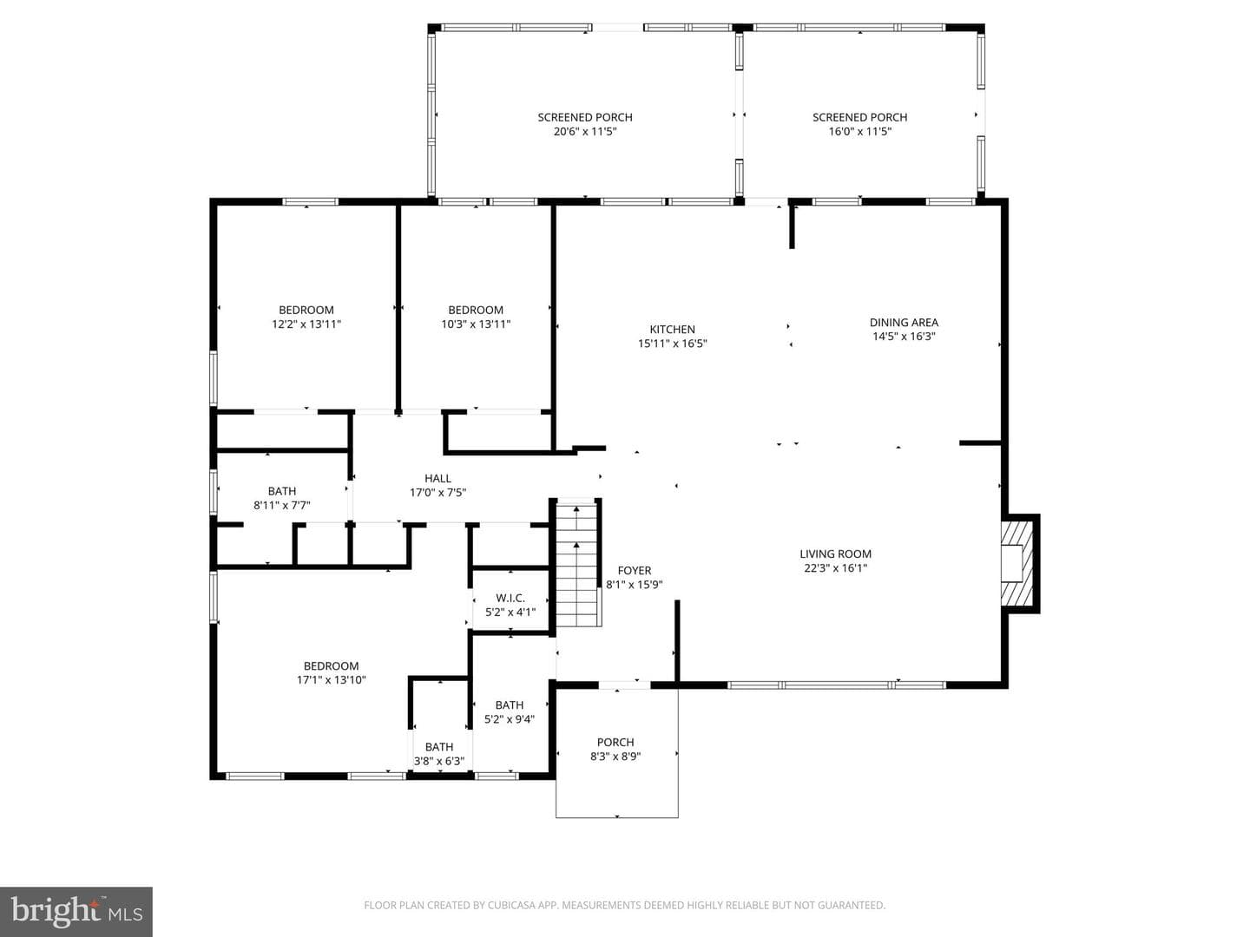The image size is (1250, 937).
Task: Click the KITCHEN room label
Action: [x=672, y=330]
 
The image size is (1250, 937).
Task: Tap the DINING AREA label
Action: [x=904, y=323]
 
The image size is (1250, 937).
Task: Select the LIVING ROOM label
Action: [x=835, y=554]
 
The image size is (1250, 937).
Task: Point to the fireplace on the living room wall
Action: [x=1018, y=563]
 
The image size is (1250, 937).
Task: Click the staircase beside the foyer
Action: [x=576, y=563]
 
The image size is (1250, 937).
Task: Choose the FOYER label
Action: [x=635, y=571]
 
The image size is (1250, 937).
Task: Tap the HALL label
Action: [x=437, y=478]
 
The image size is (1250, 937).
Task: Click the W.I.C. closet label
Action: [x=510, y=598]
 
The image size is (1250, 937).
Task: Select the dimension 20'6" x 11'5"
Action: [x=585, y=131]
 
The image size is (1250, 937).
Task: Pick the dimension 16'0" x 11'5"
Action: [x=860, y=131]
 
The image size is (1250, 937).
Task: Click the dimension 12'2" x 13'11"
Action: [x=306, y=324]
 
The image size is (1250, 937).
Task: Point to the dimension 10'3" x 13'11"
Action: [x=476, y=324]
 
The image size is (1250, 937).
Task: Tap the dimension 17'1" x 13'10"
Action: [x=331, y=680]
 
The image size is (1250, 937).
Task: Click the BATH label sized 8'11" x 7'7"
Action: [x=282, y=491]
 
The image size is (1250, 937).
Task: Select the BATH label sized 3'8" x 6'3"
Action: [x=439, y=747]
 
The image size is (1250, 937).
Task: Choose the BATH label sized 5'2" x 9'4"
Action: [x=509, y=704]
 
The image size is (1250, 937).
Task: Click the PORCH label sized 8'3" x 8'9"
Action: [x=615, y=743]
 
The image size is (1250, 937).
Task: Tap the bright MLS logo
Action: [x=76, y=912]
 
